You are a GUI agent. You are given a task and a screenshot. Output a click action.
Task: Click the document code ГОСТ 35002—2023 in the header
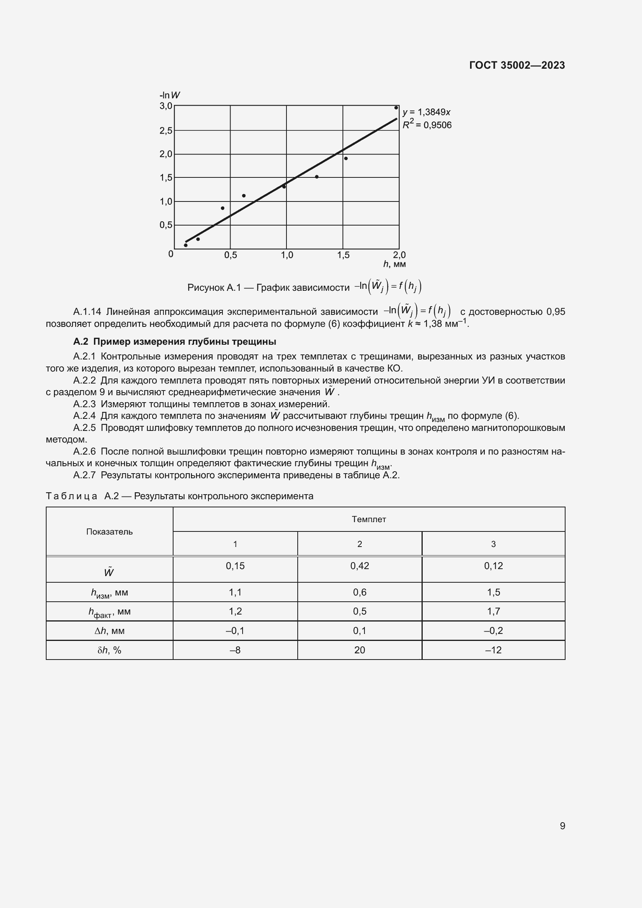(x=517, y=65)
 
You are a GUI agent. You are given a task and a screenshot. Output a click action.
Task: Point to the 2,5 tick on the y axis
(x=166, y=130)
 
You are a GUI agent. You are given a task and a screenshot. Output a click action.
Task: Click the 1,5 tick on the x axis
(x=343, y=255)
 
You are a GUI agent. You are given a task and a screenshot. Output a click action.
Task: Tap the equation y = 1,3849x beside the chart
(x=426, y=112)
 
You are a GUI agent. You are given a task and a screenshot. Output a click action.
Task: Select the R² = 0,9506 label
(x=427, y=125)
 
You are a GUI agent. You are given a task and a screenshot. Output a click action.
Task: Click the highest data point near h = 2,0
(x=396, y=108)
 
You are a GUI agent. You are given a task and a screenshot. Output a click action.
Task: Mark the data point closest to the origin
(x=186, y=245)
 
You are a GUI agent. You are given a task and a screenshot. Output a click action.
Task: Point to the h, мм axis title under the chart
(x=394, y=264)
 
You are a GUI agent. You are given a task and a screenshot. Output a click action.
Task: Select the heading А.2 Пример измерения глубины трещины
(x=174, y=342)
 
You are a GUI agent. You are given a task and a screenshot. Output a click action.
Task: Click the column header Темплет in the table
(x=368, y=519)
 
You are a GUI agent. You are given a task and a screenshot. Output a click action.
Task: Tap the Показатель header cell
(x=109, y=532)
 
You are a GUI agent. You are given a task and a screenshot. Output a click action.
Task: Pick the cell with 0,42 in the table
(x=359, y=566)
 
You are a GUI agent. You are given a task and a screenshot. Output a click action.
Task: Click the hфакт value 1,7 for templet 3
(x=493, y=611)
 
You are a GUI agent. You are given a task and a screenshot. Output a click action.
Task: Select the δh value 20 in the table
(x=359, y=650)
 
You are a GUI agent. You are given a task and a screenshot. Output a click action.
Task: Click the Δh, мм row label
(x=109, y=631)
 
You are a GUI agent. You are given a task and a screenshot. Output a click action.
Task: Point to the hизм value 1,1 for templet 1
(x=235, y=592)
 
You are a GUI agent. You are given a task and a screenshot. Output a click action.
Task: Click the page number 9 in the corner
(x=562, y=826)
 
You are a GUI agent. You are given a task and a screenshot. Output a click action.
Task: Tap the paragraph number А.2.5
(x=84, y=428)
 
